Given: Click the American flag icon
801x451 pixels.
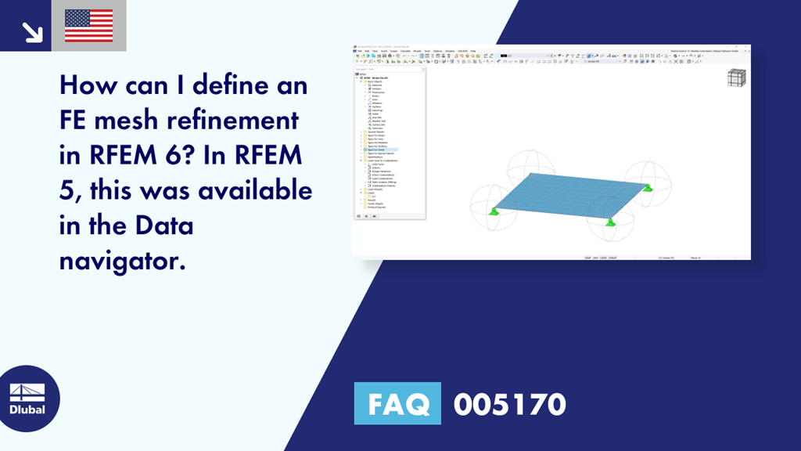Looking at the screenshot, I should [88, 26].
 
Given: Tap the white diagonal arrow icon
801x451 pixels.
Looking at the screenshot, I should [32, 31].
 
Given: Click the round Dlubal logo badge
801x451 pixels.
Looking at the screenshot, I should [27, 399].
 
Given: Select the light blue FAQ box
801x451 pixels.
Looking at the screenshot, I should [397, 404].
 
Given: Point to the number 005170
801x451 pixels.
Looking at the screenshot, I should [509, 404].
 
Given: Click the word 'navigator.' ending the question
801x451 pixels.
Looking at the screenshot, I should [122, 261].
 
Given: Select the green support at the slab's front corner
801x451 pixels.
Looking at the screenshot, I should [611, 222].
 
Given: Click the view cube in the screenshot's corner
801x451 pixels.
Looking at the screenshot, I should [736, 78].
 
